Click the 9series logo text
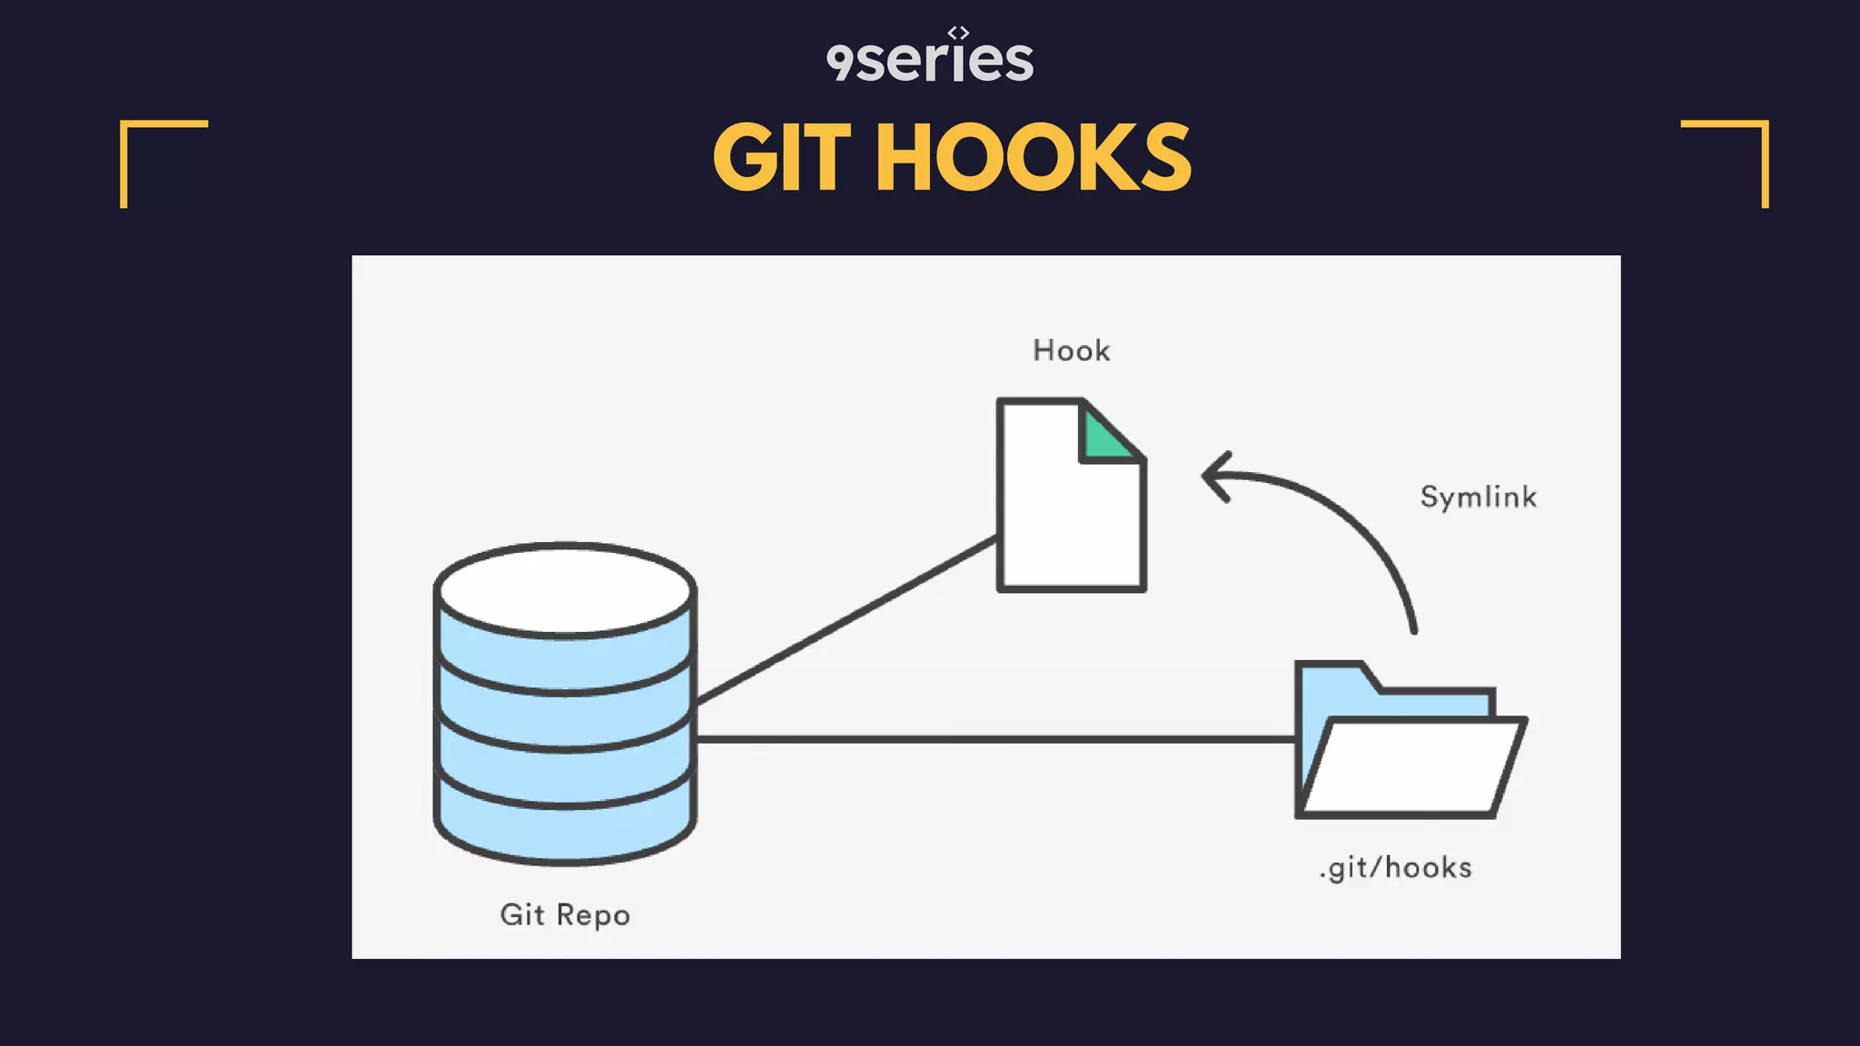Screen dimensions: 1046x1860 [x=930, y=61]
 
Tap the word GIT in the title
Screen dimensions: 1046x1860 [x=782, y=158]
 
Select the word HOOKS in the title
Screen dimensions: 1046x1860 [x=1033, y=158]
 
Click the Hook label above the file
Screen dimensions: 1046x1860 [x=1072, y=350]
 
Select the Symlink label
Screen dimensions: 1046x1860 [x=1479, y=497]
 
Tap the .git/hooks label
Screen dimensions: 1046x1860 [x=1396, y=868]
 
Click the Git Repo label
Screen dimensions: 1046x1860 [x=565, y=914]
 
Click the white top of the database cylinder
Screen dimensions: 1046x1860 [x=565, y=588]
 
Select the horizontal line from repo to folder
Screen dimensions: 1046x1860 [x=994, y=739]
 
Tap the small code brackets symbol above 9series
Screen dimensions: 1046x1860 [x=958, y=33]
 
